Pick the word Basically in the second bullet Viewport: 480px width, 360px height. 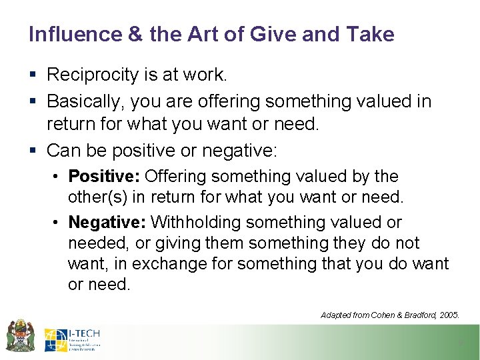click(86, 101)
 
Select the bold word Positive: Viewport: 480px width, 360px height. click(104, 177)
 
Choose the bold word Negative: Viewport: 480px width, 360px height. click(109, 222)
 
